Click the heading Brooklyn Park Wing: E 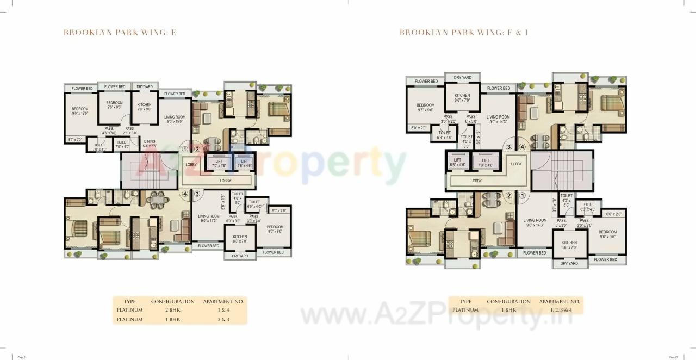[120, 33]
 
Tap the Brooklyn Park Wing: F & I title [464, 33]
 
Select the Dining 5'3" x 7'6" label [150, 144]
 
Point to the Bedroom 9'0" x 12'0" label [80, 111]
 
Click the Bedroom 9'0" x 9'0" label [114, 105]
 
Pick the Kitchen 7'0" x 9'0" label [144, 107]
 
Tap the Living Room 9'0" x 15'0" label [175, 119]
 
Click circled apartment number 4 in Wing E [185, 193]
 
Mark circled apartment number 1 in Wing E [185, 149]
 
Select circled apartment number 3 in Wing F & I [509, 146]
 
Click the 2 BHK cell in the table [172, 310]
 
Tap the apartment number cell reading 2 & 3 [223, 320]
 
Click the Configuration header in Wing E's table [172, 301]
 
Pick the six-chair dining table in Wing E [157, 200]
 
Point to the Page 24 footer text [22, 357]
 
